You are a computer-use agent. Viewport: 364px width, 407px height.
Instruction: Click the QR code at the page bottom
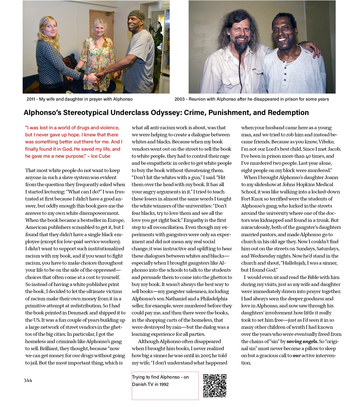click(x=215, y=386)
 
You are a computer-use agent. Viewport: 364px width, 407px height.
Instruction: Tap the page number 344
click(x=28, y=380)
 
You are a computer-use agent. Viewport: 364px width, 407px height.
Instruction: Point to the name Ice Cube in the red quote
click(x=101, y=156)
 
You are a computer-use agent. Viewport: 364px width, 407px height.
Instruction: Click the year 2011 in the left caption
click(x=31, y=99)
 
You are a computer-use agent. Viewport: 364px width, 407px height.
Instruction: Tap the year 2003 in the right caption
click(x=179, y=99)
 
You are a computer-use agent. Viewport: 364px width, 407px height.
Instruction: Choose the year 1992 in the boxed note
click(x=164, y=384)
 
